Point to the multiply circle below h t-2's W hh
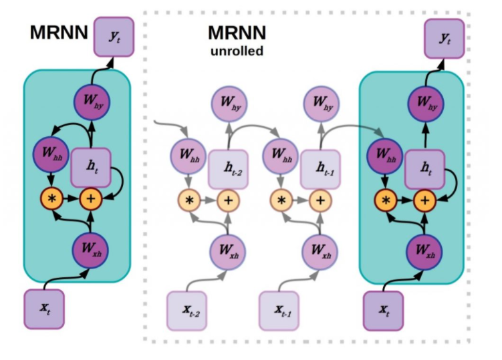tap(189, 199)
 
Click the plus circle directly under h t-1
tap(321, 199)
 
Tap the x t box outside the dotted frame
tap(44, 309)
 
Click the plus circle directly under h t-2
tap(229, 199)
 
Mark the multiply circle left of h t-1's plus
tap(281, 199)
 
